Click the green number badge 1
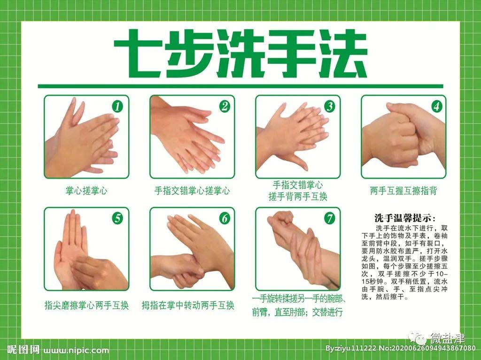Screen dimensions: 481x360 click(117, 107)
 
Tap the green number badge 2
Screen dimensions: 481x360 click(225, 107)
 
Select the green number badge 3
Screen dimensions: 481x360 click(330, 106)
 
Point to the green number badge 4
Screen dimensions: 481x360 click(436, 106)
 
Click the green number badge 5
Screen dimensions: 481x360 click(117, 218)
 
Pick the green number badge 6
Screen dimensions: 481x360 click(225, 218)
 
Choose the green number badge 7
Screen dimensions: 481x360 click(330, 218)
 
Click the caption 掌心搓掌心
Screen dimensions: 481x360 click(86, 191)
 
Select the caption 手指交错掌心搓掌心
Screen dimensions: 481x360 click(192, 191)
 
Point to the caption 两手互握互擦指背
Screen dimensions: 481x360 click(403, 191)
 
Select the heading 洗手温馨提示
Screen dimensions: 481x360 click(405, 218)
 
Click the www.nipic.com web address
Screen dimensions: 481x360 click(77, 350)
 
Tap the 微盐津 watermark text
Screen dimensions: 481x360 click(447, 339)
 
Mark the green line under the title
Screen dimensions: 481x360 click(240, 86)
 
